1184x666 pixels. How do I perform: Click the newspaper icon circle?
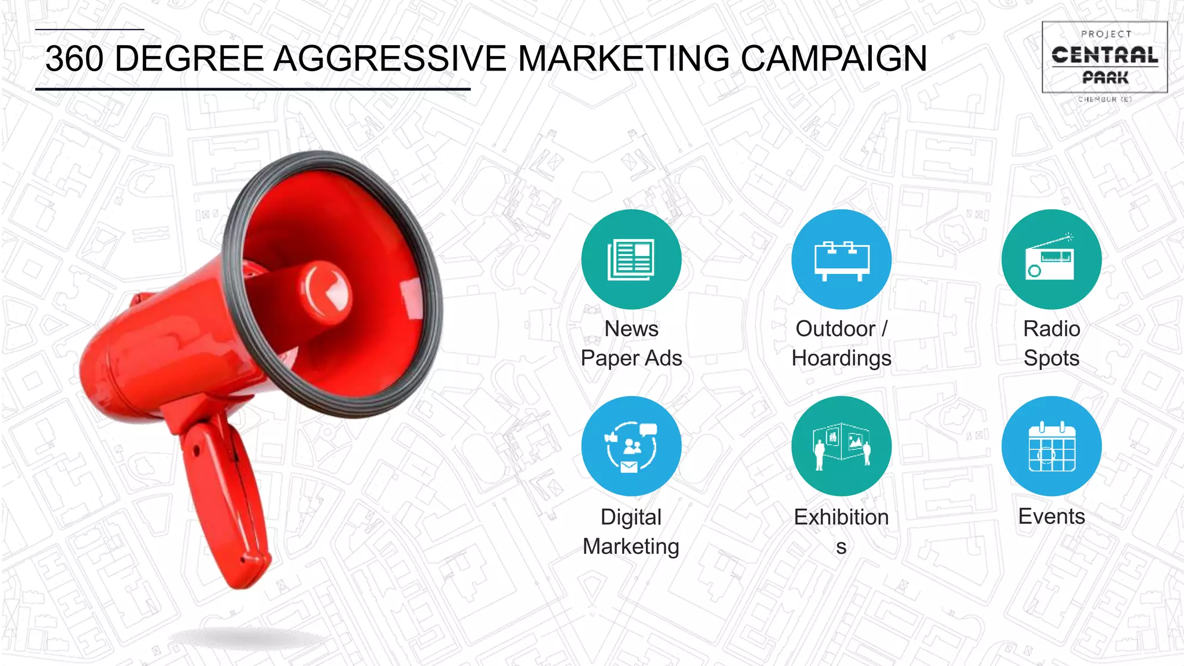pos(631,259)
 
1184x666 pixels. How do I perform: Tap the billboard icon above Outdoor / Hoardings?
pos(841,259)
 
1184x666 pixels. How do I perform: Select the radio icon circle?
pos(1051,259)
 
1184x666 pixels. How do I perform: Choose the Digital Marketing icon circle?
pos(631,446)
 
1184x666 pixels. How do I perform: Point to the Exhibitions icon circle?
pos(841,446)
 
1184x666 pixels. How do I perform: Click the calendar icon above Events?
pos(1051,446)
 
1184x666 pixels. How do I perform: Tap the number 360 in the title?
pos(75,58)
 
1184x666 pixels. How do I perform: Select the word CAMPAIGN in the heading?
pos(834,58)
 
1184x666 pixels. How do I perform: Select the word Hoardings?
pos(841,358)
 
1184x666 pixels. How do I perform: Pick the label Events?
pos(1051,516)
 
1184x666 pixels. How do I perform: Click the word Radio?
pos(1051,328)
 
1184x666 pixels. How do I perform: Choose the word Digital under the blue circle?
pos(631,517)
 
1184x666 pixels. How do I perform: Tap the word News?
pos(631,328)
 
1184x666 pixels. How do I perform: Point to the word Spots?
pos(1051,358)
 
